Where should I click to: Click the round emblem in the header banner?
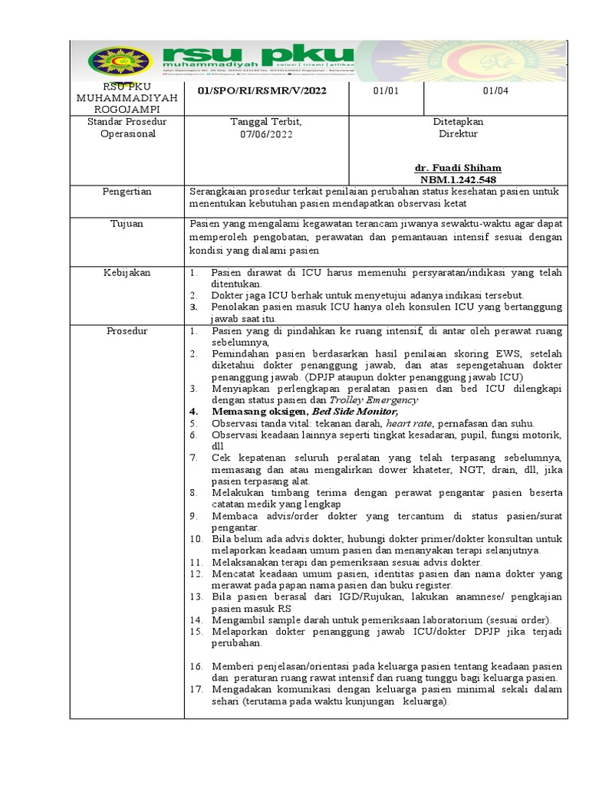[x=120, y=61]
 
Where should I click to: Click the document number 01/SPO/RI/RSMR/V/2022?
[x=262, y=90]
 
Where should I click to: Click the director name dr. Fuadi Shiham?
[x=458, y=168]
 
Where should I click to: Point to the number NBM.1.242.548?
[x=458, y=179]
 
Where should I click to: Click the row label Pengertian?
[x=127, y=192]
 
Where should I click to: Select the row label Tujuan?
[x=127, y=224]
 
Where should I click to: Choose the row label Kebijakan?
[x=127, y=272]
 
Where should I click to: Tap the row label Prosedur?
[x=127, y=331]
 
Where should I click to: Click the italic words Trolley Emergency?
[x=373, y=399]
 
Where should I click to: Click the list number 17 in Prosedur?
[x=196, y=689]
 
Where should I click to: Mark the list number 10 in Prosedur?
[x=196, y=539]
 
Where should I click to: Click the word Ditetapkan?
[x=458, y=121]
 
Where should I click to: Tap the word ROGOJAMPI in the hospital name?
[x=127, y=110]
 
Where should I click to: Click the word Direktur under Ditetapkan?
[x=458, y=133]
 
